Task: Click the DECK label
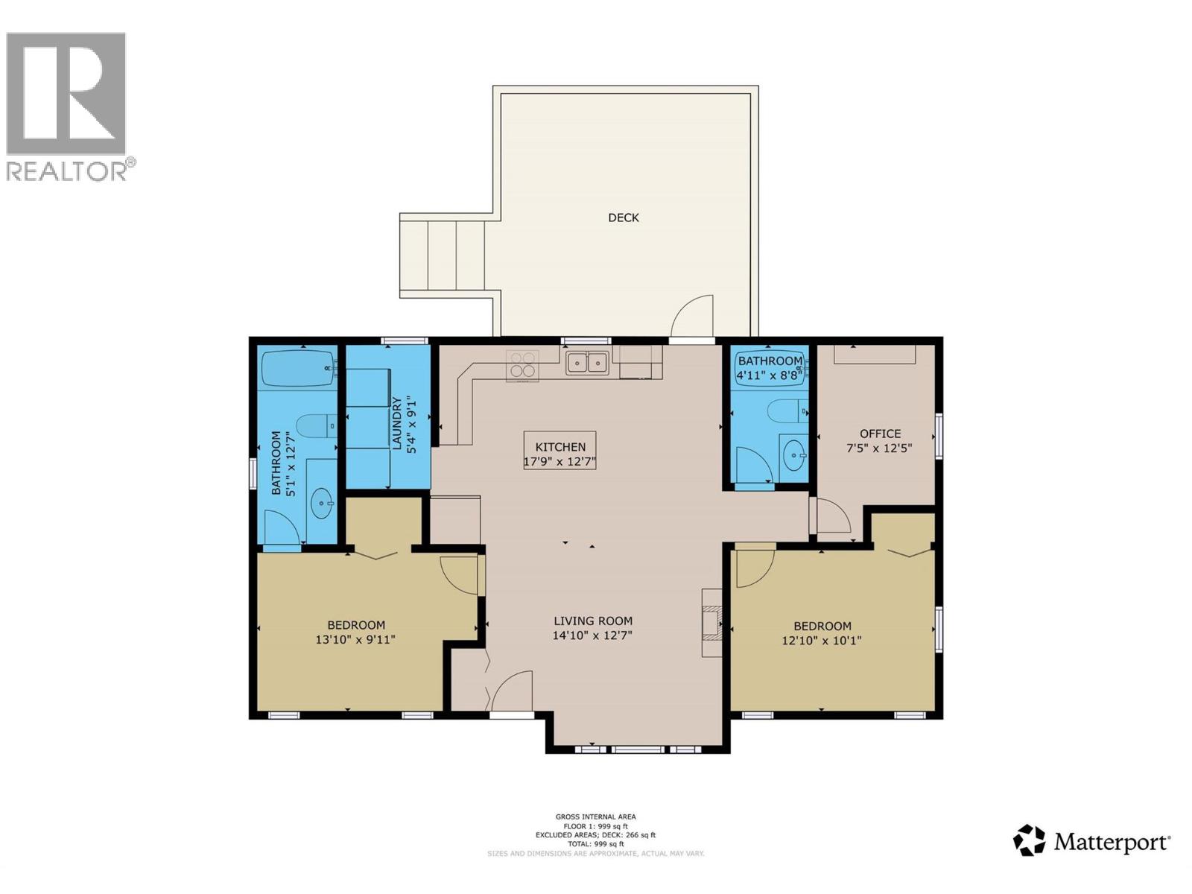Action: click(624, 218)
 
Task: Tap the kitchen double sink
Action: click(587, 363)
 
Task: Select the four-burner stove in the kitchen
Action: click(522, 365)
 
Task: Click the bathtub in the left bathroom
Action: click(298, 369)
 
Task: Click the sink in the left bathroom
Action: click(323, 504)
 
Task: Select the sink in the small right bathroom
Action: click(795, 454)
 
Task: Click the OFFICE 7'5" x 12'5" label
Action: click(880, 441)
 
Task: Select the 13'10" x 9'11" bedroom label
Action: click(356, 633)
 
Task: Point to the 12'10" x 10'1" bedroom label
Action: click(822, 633)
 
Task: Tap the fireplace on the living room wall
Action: click(712, 622)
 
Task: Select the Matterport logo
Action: click(1091, 842)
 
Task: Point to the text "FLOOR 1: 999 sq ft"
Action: click(595, 826)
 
